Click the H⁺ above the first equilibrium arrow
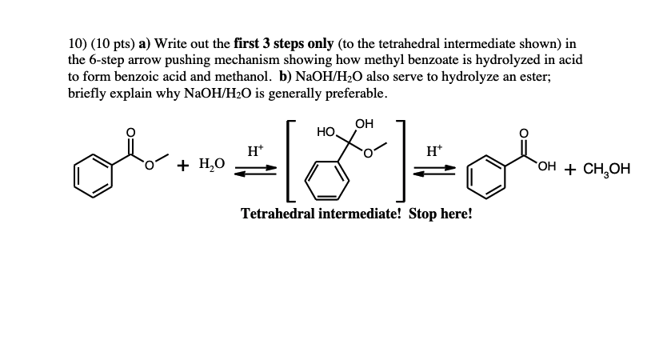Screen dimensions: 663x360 254,150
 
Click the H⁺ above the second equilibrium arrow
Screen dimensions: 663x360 434,150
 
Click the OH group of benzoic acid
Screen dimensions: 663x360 548,166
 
